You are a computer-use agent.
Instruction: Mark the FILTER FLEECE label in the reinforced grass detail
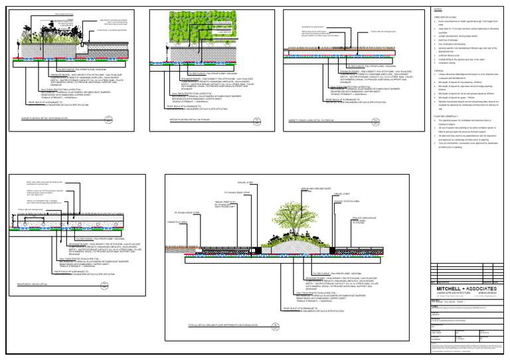(90, 238)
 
